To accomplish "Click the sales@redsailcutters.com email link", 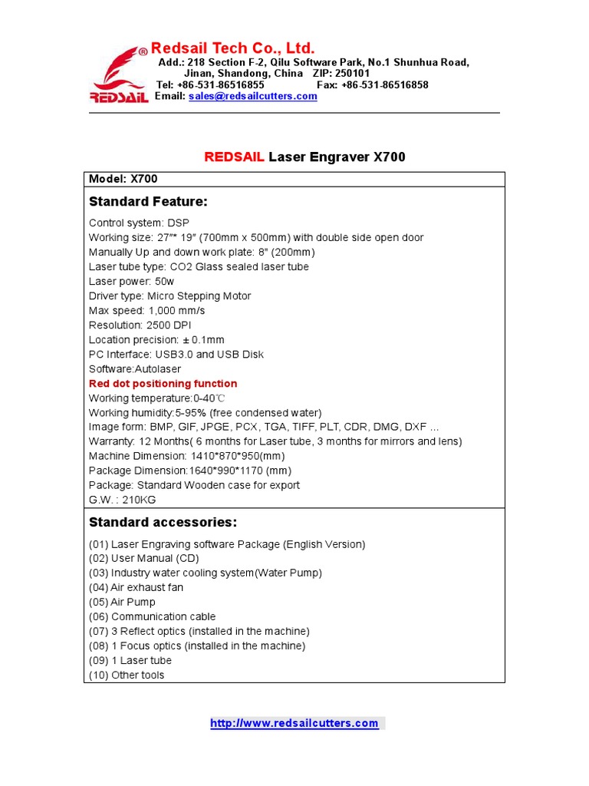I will click(252, 97).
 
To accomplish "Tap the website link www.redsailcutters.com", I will click(294, 723).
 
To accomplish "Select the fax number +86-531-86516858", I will click(384, 85).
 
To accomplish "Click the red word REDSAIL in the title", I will click(234, 157).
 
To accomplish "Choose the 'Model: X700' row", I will click(123, 179).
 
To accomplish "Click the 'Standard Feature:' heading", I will click(148, 202).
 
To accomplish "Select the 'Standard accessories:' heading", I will click(163, 523).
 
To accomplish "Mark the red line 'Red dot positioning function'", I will click(163, 384).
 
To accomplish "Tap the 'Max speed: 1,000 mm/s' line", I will click(146, 311).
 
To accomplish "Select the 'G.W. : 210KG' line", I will click(121, 500).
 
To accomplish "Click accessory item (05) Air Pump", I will click(122, 603).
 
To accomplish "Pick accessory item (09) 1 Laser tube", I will click(130, 661).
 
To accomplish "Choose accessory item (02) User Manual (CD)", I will click(144, 559).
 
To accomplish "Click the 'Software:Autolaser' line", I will click(135, 369).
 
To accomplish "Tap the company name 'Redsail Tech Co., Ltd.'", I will click(232, 48).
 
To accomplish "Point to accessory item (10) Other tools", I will click(127, 675).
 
